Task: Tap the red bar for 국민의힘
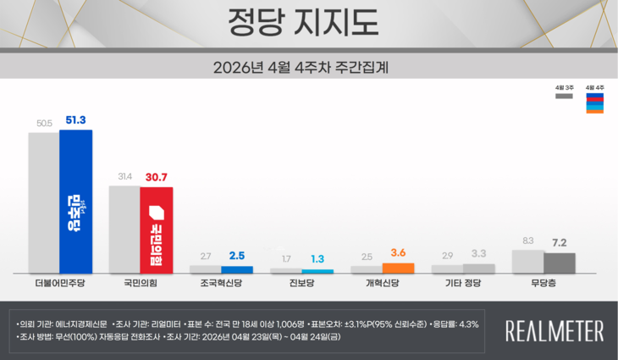[x=157, y=230]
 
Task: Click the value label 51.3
[x=75, y=120]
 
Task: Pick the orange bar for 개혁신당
[x=398, y=269]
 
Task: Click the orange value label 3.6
[x=398, y=252]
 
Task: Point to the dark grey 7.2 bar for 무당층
[x=560, y=263]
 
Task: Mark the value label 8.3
[x=528, y=241]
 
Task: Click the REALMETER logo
[x=554, y=330]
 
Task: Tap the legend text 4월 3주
[x=564, y=87]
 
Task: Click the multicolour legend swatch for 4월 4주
[x=594, y=103]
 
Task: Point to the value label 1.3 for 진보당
[x=317, y=259]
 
